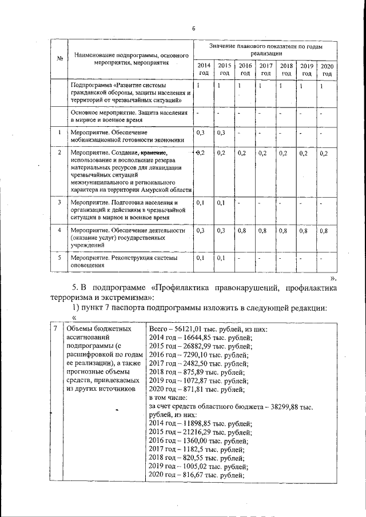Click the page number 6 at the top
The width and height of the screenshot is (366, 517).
[193, 29]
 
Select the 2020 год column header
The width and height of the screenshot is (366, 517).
[327, 70]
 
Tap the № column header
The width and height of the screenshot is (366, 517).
[59, 58]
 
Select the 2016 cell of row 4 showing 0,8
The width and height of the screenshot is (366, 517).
[244, 231]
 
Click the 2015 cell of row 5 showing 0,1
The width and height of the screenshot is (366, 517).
[223, 258]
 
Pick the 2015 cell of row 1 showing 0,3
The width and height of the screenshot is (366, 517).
[223, 133]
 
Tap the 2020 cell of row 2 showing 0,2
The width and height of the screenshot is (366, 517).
[325, 153]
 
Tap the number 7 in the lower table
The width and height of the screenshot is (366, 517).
[54, 330]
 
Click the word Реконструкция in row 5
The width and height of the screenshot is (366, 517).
[132, 258]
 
